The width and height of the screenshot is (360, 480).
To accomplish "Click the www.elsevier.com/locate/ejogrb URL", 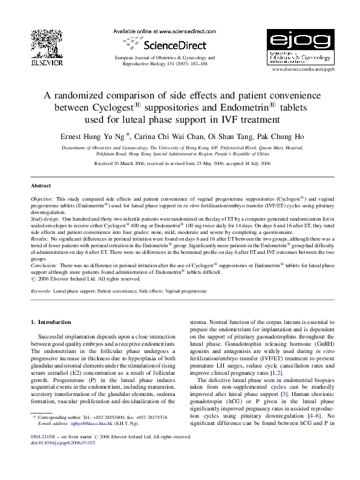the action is pos(300,70).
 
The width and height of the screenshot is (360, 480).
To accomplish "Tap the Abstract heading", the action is pos(41,186).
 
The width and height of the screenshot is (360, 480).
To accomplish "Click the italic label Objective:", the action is pos(42,198).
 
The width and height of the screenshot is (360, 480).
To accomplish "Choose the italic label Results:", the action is pos(41,240).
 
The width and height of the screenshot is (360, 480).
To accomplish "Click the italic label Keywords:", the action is pos(41,291).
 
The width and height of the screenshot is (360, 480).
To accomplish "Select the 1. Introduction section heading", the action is pos(51,322).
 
